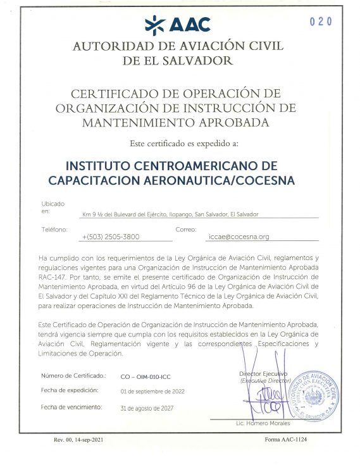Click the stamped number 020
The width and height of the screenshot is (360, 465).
pos(321,21)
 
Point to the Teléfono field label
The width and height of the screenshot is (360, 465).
pos(54,229)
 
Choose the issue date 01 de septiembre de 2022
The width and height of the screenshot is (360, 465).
pos(152,392)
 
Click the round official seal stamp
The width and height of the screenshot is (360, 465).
pos(311,395)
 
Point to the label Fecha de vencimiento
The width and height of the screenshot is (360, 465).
pos(71,407)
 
